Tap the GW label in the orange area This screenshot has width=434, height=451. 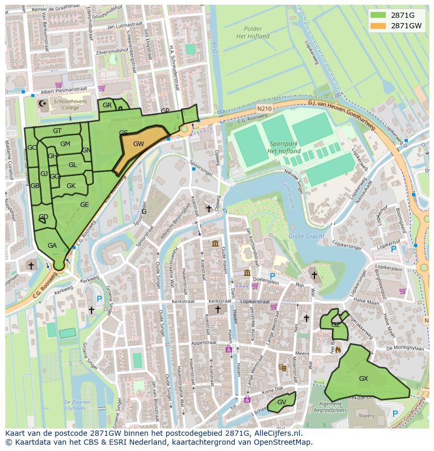[x=138, y=144]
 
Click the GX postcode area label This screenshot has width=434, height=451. [x=363, y=378]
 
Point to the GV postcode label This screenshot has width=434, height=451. [x=281, y=402]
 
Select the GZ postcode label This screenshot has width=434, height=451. [x=335, y=325]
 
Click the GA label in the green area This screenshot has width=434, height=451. [x=52, y=245]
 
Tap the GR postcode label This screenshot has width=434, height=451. [x=107, y=105]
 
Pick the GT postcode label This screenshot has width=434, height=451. [x=57, y=131]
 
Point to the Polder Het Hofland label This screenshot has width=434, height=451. [x=253, y=32]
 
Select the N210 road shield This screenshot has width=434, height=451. [x=264, y=108]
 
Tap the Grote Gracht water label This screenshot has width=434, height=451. [x=306, y=236]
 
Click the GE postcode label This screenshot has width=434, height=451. [x=84, y=205]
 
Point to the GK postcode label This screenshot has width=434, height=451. [x=71, y=186]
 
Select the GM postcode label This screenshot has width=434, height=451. [x=65, y=144]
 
